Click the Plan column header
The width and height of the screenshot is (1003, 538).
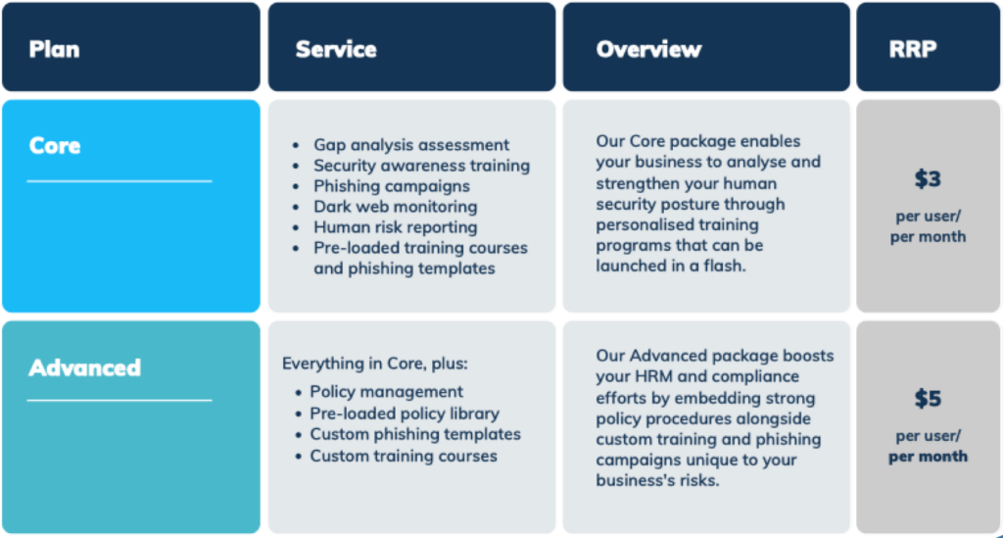pyautogui.click(x=55, y=49)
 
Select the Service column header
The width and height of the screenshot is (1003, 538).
pyautogui.click(x=336, y=49)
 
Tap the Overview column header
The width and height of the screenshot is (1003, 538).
pyautogui.click(x=648, y=49)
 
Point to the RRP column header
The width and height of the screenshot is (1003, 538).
pyautogui.click(x=913, y=49)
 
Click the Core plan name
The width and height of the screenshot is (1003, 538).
pyautogui.click(x=55, y=146)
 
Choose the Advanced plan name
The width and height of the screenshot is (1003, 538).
pyautogui.click(x=84, y=367)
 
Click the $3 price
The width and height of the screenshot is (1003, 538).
pyautogui.click(x=928, y=179)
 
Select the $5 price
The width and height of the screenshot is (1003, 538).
pyautogui.click(x=928, y=399)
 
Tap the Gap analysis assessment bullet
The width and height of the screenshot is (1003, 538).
pyautogui.click(x=411, y=145)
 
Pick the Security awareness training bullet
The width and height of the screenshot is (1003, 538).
pyautogui.click(x=421, y=166)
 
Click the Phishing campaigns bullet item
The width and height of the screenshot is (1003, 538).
pyautogui.click(x=392, y=186)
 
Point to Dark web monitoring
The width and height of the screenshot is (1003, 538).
pyautogui.click(x=396, y=207)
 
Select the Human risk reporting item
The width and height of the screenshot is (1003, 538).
pyautogui.click(x=396, y=227)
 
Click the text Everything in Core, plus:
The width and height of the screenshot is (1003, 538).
pyautogui.click(x=375, y=364)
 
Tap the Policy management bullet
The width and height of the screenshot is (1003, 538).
pyautogui.click(x=386, y=392)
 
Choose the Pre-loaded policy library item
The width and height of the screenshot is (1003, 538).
pyautogui.click(x=405, y=414)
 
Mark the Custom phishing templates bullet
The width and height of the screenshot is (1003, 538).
pyautogui.click(x=415, y=434)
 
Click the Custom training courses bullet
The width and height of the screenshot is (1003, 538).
pyautogui.click(x=404, y=456)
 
